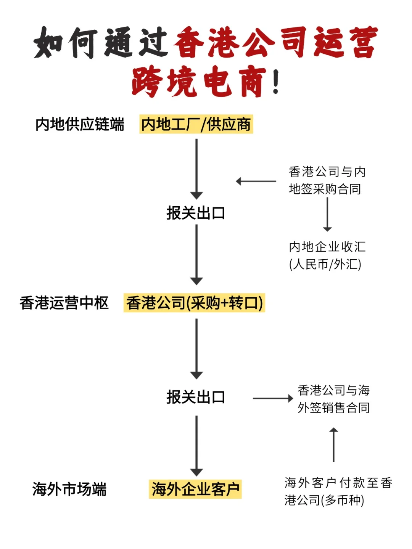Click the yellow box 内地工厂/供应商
pos(196,124)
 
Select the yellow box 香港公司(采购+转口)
pos(194,303)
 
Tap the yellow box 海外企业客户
pos(195,489)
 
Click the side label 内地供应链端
pos(80,124)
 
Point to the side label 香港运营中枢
pos(64,303)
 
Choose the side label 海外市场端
pos(69,489)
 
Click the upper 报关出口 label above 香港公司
pos(196,213)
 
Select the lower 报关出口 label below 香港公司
pos(196,397)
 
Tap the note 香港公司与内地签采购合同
pos(327,180)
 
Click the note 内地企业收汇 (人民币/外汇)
pos(327,255)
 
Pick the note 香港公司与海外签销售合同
pos(333,399)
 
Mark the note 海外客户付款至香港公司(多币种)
pos(338,491)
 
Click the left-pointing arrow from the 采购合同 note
pos(256,181)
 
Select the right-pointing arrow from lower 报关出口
pos(272,398)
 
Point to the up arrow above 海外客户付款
pos(334,445)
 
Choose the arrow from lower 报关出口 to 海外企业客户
pos(196,445)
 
